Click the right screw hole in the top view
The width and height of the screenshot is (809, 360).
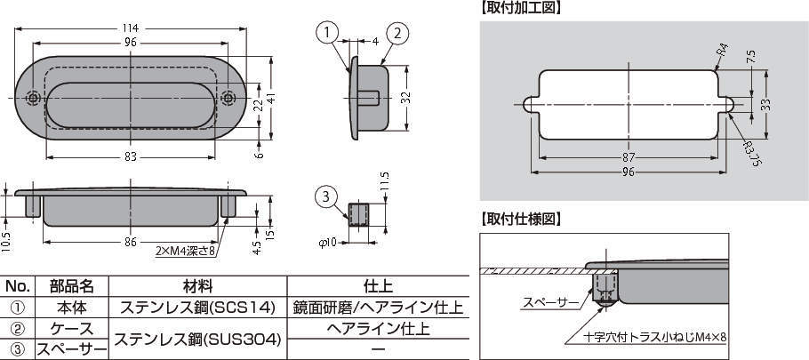pos(228,98)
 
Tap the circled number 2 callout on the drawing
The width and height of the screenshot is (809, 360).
pos(396,33)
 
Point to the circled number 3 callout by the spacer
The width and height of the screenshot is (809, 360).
pos(326,195)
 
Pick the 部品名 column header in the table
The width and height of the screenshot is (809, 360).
pos(72,287)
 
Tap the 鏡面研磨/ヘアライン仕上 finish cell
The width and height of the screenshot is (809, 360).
pos(377,308)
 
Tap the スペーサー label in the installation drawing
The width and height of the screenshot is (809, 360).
pos(549,302)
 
